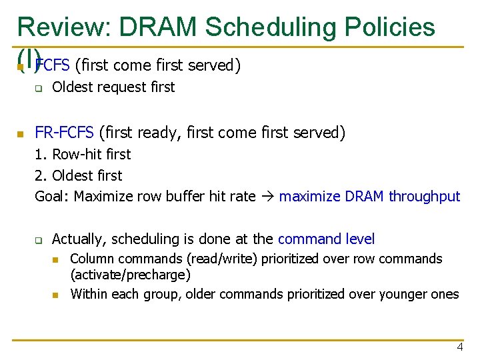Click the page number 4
tap(459, 347)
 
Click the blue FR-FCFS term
tap(65, 133)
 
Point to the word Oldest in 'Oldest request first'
tap(71, 87)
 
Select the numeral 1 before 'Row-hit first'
tap(39, 154)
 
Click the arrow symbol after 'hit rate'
tap(267, 196)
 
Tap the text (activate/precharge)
tap(130, 274)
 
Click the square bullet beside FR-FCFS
tap(21, 134)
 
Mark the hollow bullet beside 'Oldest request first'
tap(39, 88)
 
